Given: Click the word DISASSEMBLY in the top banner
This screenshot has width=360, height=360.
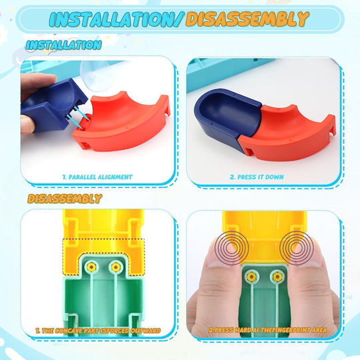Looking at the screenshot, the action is [247, 19].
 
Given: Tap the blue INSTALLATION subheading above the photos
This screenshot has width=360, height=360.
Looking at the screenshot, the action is [63, 45].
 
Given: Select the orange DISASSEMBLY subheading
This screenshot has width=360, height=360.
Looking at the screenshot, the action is [65, 199].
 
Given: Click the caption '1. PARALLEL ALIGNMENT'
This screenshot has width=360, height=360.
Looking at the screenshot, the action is [97, 177].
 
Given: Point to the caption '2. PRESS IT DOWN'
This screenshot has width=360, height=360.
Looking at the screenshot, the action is [257, 177].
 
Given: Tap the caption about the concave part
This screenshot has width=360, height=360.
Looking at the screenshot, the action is [98, 331].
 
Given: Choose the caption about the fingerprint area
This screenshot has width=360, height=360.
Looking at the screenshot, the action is [267, 330].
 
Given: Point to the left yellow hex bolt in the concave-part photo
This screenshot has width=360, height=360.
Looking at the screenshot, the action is [91, 267].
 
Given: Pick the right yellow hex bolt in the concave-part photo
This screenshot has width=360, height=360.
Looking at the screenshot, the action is [116, 267].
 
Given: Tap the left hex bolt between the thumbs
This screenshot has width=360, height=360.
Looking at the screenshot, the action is [251, 277].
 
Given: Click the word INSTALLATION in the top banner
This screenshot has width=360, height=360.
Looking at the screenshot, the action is [116, 19].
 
